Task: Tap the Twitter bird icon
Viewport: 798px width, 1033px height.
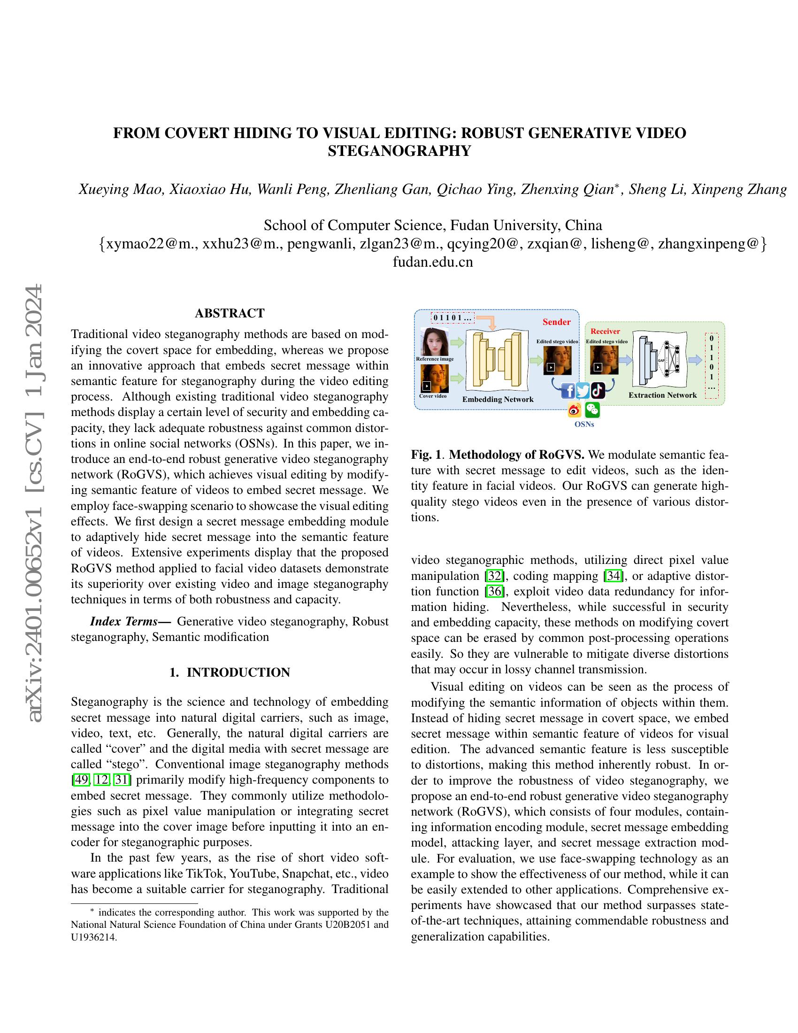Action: tap(583, 391)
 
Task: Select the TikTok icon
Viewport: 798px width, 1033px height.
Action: tap(598, 391)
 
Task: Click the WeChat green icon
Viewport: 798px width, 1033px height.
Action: tap(592, 409)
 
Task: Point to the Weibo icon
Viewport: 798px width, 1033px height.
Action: tap(574, 410)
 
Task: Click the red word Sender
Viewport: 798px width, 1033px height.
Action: tap(556, 322)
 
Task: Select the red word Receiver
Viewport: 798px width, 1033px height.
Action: tap(605, 331)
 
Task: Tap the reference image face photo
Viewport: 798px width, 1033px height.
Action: tap(435, 342)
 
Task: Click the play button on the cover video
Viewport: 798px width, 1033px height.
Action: tap(426, 386)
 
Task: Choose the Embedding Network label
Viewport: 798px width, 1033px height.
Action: tap(498, 399)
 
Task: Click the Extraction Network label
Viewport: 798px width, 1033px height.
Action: tap(662, 395)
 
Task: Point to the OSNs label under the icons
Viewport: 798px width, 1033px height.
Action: tap(584, 424)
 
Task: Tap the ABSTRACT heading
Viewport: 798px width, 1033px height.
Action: tap(229, 313)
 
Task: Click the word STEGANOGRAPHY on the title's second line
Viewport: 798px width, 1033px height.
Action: tap(399, 151)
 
